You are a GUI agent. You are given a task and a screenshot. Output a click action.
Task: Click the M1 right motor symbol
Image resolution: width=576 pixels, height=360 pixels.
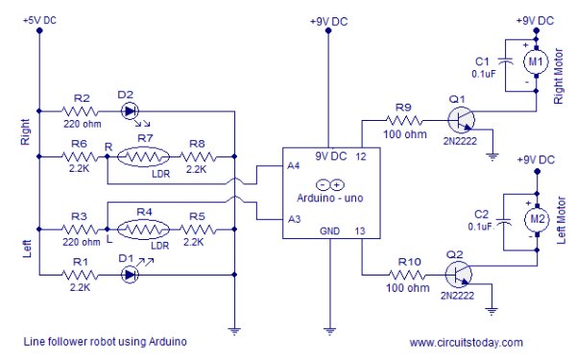[533, 61]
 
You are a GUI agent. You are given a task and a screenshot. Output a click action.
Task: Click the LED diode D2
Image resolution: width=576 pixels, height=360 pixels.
[129, 109]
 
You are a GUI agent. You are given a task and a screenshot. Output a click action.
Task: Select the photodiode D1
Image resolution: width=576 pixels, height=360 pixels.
[130, 273]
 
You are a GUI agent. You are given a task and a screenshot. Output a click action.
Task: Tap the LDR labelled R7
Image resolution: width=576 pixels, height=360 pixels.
[146, 156]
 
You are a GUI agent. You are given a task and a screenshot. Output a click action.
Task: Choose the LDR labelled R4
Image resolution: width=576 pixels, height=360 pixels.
[146, 229]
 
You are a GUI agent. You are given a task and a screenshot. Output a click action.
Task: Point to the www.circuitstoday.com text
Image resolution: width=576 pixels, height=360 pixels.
[466, 342]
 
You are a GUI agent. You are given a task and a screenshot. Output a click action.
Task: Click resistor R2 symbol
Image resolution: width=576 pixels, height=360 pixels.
[82, 109]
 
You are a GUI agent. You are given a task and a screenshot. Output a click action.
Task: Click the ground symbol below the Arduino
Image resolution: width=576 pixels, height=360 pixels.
[329, 330]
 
